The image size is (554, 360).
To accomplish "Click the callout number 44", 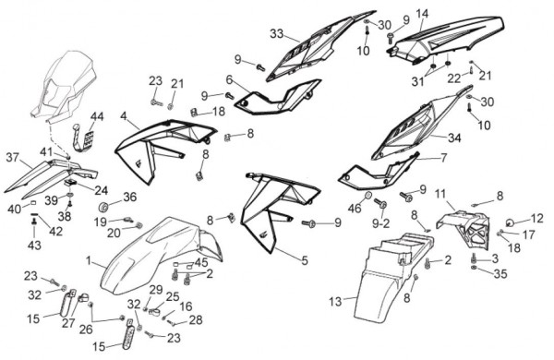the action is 97,116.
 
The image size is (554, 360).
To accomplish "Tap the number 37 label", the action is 13,157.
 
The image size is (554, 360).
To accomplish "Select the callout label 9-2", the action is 380,223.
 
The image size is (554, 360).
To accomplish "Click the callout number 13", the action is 335,302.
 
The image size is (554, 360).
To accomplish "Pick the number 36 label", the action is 129,197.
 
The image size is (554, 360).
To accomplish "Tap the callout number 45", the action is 201,262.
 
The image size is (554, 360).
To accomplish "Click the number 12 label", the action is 536,219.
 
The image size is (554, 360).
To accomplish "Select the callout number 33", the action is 277,34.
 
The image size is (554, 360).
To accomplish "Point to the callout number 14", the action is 422,14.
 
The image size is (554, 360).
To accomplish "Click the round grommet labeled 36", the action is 103,207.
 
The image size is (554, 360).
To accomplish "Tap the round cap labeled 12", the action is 511,222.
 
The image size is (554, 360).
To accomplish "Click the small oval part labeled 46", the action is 367,196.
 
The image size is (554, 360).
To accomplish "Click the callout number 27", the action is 68,323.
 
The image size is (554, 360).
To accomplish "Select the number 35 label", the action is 500,274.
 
